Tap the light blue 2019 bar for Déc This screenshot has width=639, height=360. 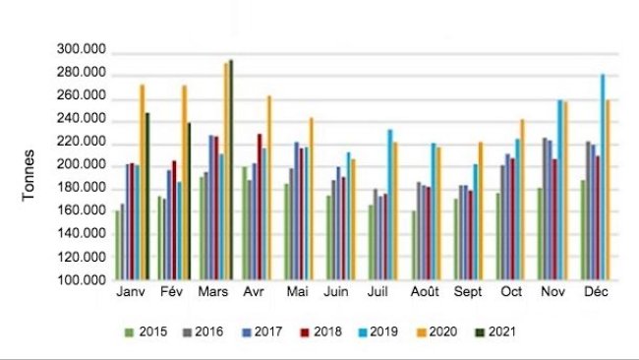603,177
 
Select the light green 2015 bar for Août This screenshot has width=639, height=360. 414,245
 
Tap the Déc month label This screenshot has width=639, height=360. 595,293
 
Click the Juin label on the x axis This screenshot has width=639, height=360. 337,293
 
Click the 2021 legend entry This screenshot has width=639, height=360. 501,331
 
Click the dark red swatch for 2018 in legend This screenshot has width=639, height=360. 306,331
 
